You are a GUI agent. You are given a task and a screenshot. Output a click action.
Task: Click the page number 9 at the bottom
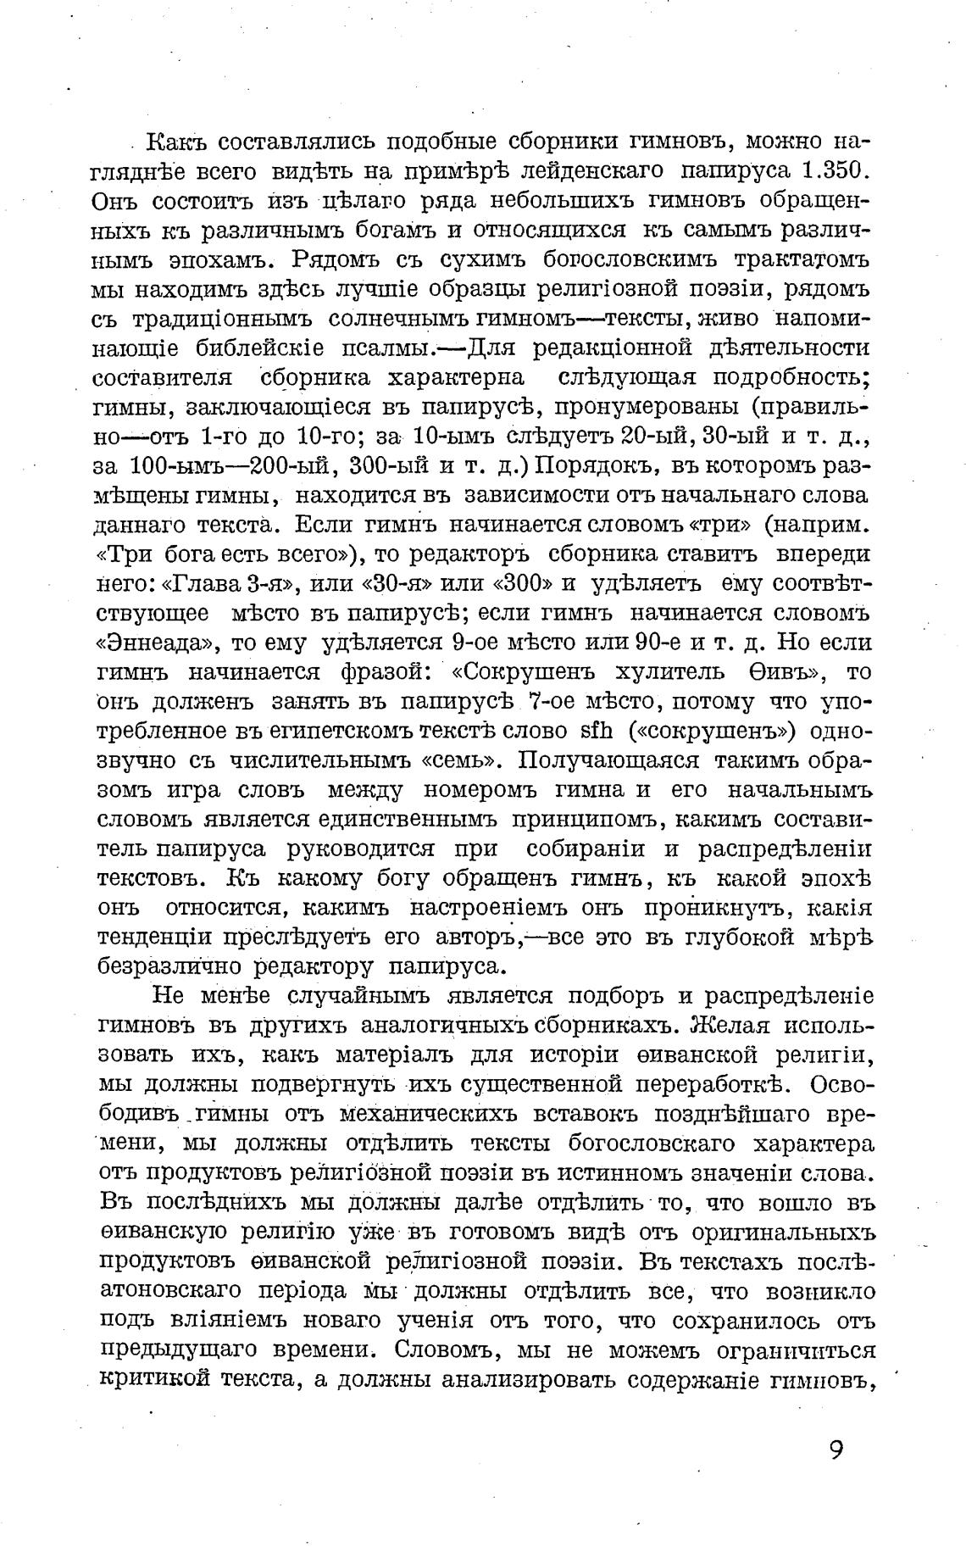pos(836,1450)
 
